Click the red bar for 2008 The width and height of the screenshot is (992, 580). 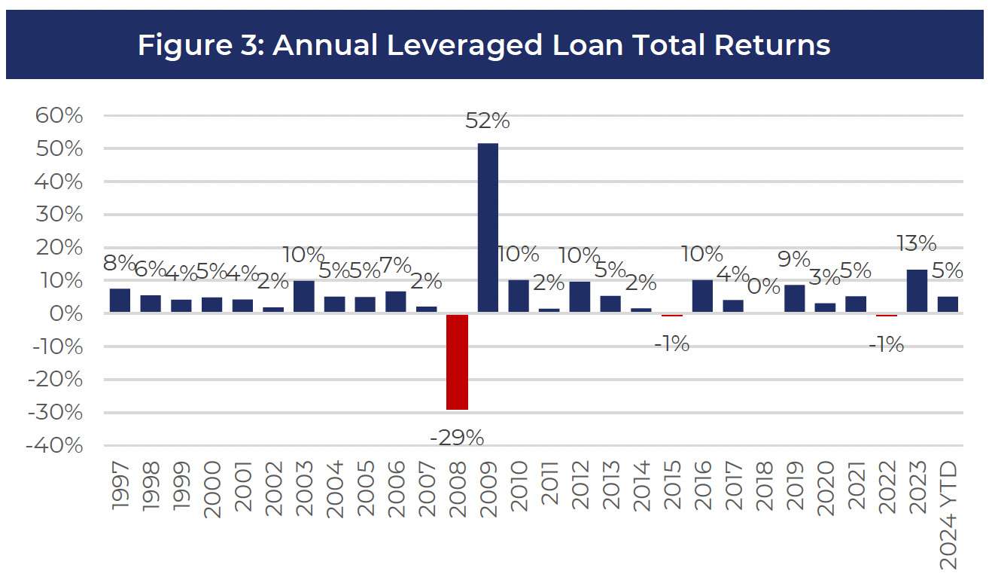pyautogui.click(x=457, y=362)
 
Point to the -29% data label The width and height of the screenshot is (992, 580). pyautogui.click(x=457, y=437)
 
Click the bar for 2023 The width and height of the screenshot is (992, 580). pyautogui.click(x=917, y=291)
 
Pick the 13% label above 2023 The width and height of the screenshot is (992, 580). pyautogui.click(x=917, y=243)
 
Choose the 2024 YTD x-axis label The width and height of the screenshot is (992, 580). pyautogui.click(x=948, y=516)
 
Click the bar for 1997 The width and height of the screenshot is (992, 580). pyautogui.click(x=120, y=301)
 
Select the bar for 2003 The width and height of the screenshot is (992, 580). pyautogui.click(x=304, y=296)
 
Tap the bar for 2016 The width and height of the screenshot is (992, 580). pyautogui.click(x=702, y=296)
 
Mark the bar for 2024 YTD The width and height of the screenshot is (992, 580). pyautogui.click(x=948, y=304)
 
